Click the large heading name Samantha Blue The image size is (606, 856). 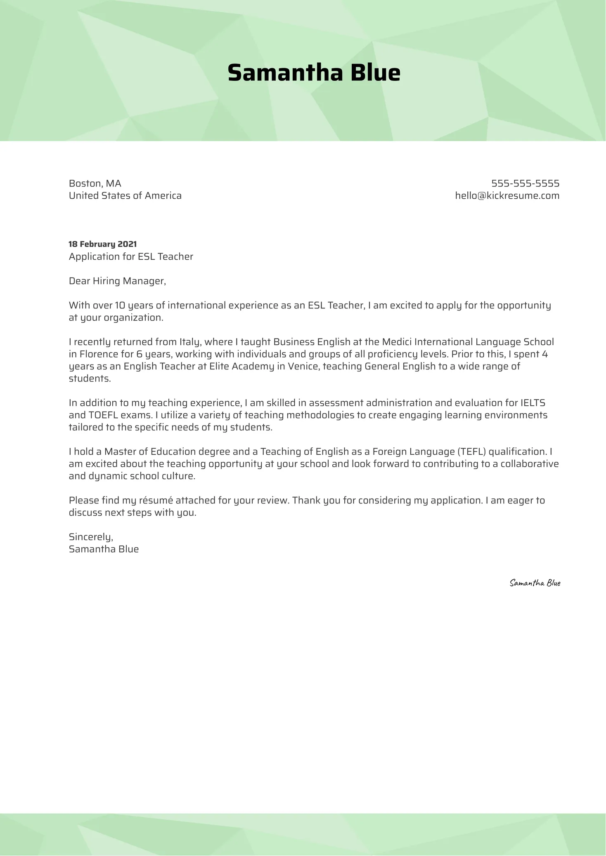(x=314, y=73)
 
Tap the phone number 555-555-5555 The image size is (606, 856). (x=525, y=183)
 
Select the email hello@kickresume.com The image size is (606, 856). (x=507, y=195)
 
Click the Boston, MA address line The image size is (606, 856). (x=95, y=183)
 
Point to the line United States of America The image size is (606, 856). (x=125, y=195)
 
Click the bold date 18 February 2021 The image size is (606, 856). (x=102, y=244)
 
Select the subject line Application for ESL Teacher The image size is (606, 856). (x=131, y=256)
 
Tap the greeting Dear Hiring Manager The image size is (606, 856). (x=117, y=281)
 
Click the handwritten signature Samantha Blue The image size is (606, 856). (x=535, y=583)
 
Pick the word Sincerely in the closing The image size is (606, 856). (x=91, y=537)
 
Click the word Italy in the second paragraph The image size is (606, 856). (x=189, y=342)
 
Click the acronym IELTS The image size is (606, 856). (x=533, y=403)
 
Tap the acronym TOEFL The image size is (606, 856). (x=103, y=415)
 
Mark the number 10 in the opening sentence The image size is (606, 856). (x=120, y=306)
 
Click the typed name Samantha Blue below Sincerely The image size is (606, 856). (x=104, y=549)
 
